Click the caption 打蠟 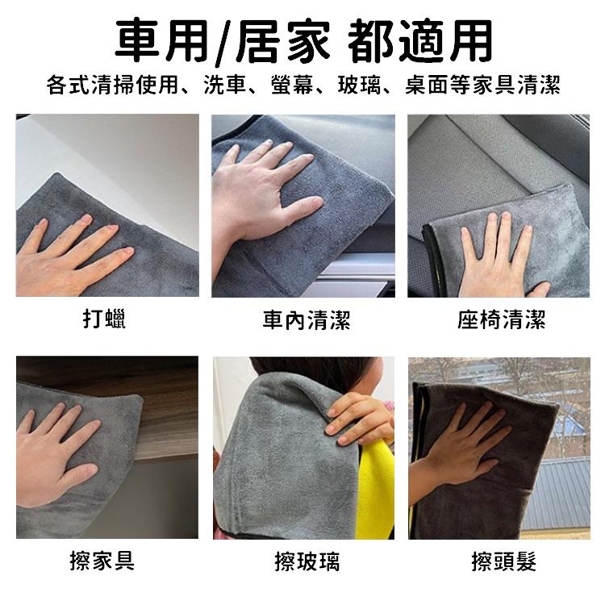click(x=105, y=319)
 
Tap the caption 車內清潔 click(x=307, y=321)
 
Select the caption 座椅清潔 click(x=502, y=321)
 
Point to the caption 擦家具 click(x=102, y=560)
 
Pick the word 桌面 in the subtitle click(x=428, y=85)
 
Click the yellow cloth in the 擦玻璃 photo click(x=376, y=492)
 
